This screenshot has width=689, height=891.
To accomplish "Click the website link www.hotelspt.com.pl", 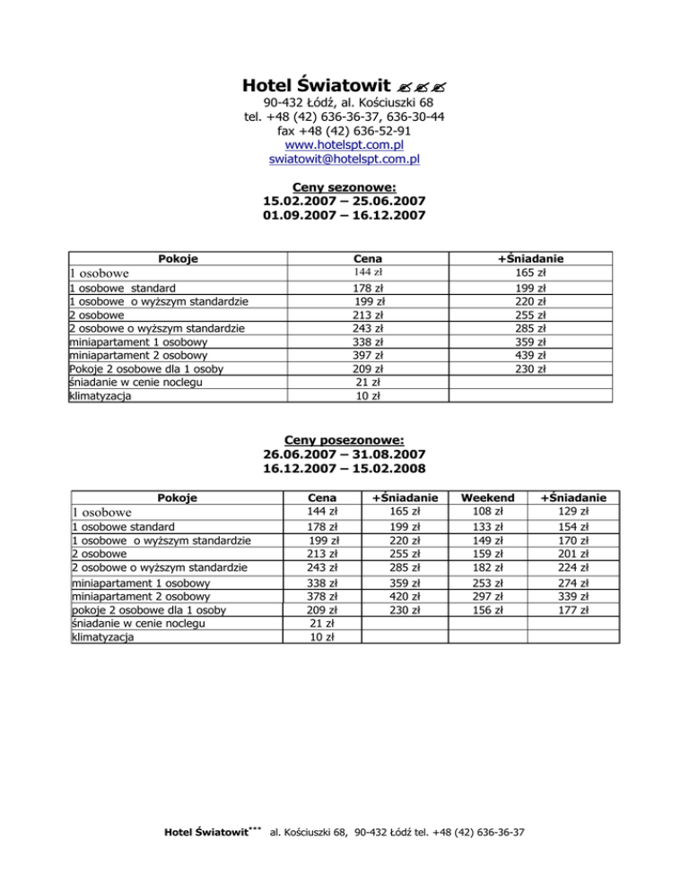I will tap(344, 143).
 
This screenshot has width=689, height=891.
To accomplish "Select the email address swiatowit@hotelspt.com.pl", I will tap(344, 159).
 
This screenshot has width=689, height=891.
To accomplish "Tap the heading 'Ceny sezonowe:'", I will tap(344, 186).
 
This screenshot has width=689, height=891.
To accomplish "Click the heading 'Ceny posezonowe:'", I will tap(344, 439).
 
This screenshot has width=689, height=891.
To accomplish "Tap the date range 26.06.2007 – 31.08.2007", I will tap(344, 454).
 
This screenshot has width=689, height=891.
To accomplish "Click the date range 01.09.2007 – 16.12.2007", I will tap(344, 215).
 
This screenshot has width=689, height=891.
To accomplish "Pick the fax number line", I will tap(344, 129).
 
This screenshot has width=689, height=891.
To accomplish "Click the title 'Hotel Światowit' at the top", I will tap(317, 86).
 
